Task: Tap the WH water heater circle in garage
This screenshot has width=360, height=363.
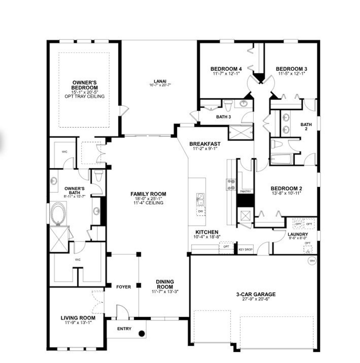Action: click(x=312, y=261)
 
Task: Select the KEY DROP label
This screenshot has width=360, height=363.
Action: click(x=246, y=250)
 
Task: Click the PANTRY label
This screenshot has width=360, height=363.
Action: click(x=246, y=191)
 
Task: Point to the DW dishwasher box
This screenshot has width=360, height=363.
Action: click(x=201, y=211)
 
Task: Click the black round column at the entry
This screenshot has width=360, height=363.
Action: click(x=142, y=334)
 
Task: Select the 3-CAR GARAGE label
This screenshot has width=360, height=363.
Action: click(x=255, y=294)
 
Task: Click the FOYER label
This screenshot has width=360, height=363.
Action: click(x=123, y=287)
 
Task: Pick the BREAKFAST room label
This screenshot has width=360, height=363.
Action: click(x=205, y=144)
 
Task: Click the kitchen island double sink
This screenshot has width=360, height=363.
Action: click(x=200, y=199)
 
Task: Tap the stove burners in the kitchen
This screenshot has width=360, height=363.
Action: click(x=231, y=185)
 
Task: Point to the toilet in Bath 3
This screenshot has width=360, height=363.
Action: click(x=228, y=106)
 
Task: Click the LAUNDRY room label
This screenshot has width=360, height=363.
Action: click(x=298, y=234)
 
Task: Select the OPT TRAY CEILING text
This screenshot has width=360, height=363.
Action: click(x=85, y=96)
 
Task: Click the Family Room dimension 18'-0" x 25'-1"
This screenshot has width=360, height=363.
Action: click(x=148, y=199)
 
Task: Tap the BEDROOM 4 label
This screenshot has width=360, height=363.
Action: click(x=226, y=69)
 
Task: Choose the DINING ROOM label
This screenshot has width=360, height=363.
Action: click(x=165, y=284)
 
